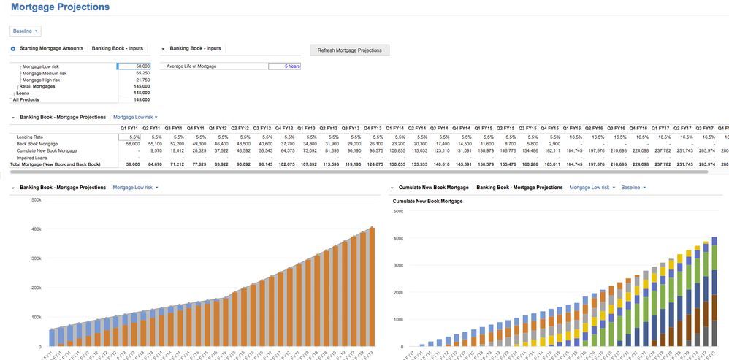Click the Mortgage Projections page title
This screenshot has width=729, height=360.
click(60, 7)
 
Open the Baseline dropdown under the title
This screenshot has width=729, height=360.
click(26, 31)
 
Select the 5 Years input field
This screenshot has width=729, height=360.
click(284, 66)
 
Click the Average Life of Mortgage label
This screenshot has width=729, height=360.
click(191, 66)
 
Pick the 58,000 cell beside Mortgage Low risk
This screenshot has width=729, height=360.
click(134, 66)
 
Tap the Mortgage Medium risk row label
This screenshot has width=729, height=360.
click(45, 73)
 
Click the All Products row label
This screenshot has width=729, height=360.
click(26, 99)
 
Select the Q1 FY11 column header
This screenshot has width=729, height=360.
click(129, 128)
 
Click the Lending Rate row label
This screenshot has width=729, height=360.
click(30, 137)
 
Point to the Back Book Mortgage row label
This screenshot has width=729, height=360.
click(37, 144)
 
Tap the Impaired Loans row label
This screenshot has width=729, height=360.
click(32, 158)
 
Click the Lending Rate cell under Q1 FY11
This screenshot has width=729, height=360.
click(129, 137)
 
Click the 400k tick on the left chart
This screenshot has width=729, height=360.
click(36, 229)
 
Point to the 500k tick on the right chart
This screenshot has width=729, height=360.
click(398, 212)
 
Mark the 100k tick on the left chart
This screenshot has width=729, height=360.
click(36, 318)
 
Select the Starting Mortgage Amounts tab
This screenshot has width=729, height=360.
click(51, 48)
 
